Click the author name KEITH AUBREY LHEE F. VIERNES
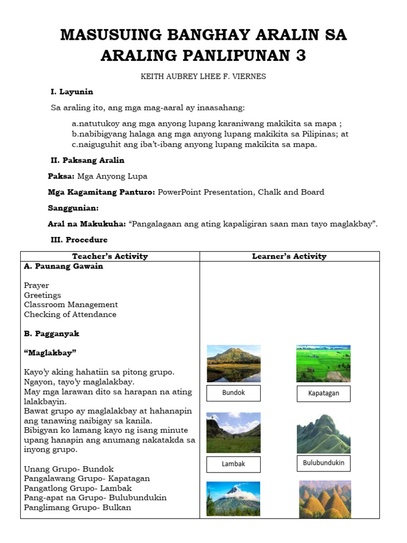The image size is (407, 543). click(203, 76)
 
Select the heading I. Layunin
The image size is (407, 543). click(72, 92)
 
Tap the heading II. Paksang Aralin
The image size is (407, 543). click(87, 160)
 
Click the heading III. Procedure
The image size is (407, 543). click(79, 240)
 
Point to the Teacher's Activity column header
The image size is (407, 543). click(110, 256)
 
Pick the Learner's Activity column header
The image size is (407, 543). click(289, 256)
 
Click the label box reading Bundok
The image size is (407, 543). click(233, 393)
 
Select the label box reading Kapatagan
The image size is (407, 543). click(323, 393)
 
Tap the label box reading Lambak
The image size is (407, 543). click(233, 463)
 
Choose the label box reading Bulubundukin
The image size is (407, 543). click(323, 463)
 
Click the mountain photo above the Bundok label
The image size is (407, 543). click(233, 363)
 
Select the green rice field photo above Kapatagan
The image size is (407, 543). click(323, 363)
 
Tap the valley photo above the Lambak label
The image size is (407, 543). click(233, 432)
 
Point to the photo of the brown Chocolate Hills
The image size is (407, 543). click(325, 499)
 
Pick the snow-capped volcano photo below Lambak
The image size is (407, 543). click(233, 499)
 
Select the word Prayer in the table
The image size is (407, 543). click(37, 286)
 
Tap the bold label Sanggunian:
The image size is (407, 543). click(73, 208)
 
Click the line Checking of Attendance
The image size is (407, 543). click(70, 314)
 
